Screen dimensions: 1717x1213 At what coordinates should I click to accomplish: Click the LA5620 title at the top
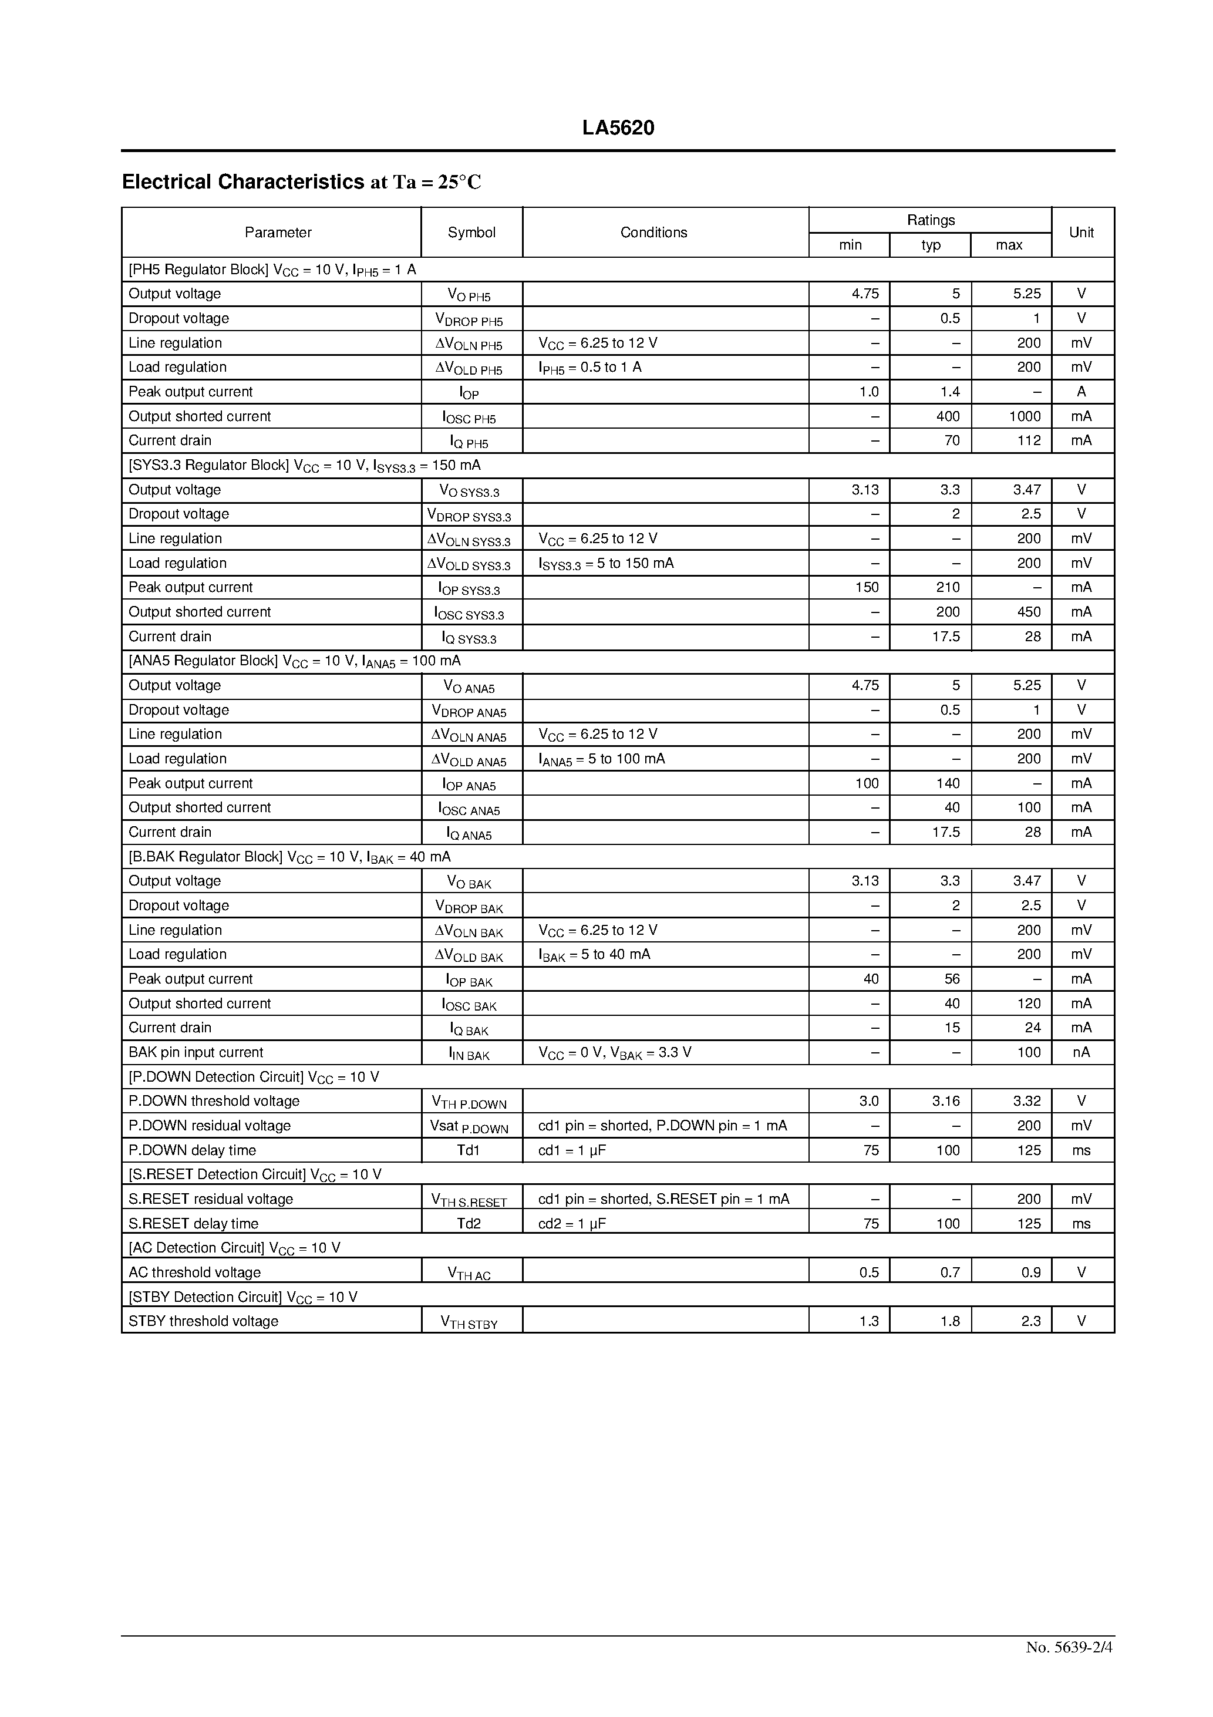(618, 128)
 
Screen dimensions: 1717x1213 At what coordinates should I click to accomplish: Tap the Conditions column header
(653, 233)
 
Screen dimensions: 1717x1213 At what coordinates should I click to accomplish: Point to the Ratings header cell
(931, 220)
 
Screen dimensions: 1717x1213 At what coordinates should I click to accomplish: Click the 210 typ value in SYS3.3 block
(948, 587)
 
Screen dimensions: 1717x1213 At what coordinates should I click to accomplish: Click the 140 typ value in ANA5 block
(948, 783)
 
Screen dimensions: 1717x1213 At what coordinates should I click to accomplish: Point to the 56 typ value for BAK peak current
(951, 979)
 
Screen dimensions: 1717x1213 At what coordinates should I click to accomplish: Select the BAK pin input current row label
(196, 1052)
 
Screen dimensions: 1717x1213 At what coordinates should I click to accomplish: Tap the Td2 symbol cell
(469, 1223)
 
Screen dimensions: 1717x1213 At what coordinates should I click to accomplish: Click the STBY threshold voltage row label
(203, 1321)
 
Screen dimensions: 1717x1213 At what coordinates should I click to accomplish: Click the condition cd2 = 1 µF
(572, 1223)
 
